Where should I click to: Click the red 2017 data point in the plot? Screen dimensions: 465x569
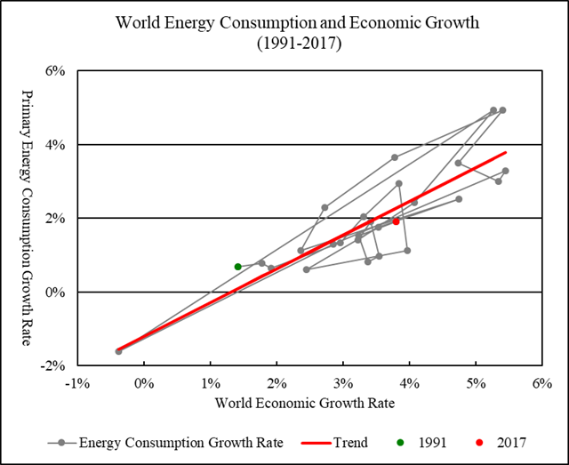(x=396, y=221)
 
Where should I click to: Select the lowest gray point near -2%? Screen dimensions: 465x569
(x=118, y=351)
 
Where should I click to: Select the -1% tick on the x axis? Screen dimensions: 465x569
(x=77, y=383)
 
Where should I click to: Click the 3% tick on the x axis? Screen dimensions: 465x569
(x=343, y=383)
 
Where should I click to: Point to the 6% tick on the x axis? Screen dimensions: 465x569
(x=542, y=383)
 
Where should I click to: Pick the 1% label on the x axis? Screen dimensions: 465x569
(x=210, y=383)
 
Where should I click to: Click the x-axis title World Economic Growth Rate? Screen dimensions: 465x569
(x=309, y=403)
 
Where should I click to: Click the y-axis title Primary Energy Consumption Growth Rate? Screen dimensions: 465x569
(x=27, y=218)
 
